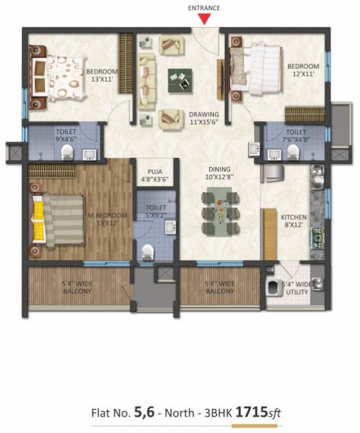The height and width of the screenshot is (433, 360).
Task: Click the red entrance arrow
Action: (x=204, y=18)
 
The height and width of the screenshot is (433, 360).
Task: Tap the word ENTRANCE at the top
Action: (x=204, y=8)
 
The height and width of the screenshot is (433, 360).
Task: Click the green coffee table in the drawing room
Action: (x=180, y=81)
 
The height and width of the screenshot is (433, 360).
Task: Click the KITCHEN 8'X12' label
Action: (x=294, y=221)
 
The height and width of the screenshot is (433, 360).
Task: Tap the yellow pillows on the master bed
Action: (x=39, y=218)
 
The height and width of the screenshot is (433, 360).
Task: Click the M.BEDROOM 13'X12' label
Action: (x=107, y=219)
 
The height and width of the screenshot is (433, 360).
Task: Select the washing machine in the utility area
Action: (x=275, y=288)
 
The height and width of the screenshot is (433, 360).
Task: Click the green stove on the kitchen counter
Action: (x=318, y=238)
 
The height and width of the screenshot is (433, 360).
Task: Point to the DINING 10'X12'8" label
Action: (x=219, y=173)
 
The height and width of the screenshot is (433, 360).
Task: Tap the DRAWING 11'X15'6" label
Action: (x=204, y=118)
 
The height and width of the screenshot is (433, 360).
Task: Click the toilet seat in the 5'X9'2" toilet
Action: (x=148, y=253)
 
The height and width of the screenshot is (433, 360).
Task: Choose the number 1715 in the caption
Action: (x=251, y=413)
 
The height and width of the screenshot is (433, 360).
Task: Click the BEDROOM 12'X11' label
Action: (x=303, y=70)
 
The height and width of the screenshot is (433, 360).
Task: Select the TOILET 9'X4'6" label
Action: (x=66, y=135)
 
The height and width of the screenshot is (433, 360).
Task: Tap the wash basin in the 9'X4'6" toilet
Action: (x=89, y=154)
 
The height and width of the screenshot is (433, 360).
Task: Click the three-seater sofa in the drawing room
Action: (x=146, y=82)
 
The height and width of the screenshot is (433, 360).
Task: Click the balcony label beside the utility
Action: (x=220, y=288)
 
